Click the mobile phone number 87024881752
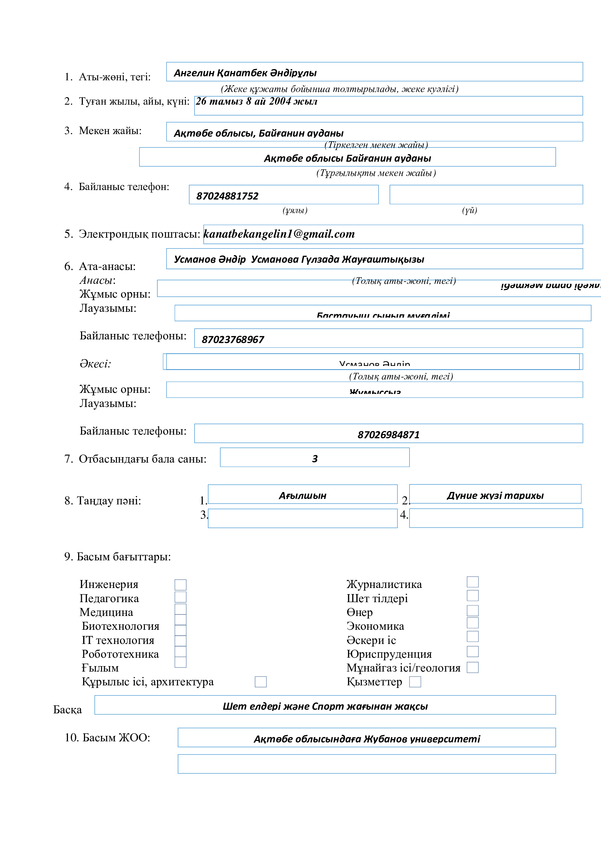(227, 196)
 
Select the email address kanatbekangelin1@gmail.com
(279, 234)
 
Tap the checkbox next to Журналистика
(472, 581)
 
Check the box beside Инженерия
(180, 585)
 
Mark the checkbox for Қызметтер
(415, 681)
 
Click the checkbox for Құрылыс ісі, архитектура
(261, 681)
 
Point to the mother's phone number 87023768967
(233, 339)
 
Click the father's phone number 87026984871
(388, 435)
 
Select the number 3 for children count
(315, 459)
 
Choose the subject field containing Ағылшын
(302, 495)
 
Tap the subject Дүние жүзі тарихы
(495, 495)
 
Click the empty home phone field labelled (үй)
(486, 195)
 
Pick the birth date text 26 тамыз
(219, 101)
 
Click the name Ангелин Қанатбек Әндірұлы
(245, 73)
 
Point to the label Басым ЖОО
(107, 737)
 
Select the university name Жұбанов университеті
(421, 739)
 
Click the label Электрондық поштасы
(139, 234)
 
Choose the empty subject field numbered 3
(302, 518)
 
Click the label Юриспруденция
(389, 654)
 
